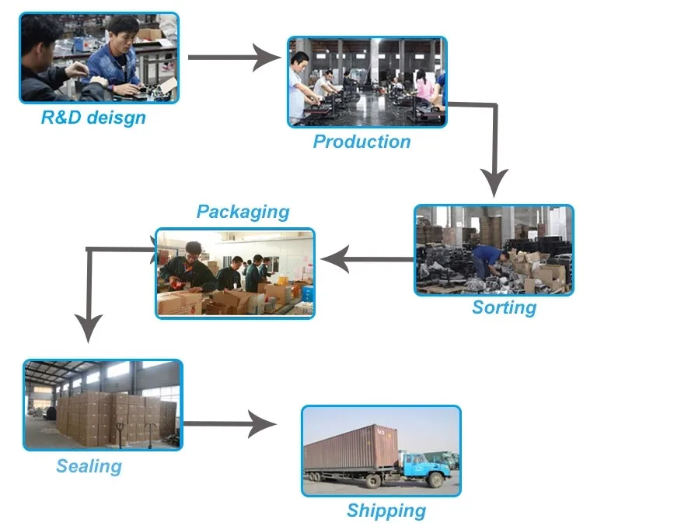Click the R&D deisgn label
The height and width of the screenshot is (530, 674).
click(x=93, y=118)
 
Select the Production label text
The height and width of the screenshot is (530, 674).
click(x=361, y=142)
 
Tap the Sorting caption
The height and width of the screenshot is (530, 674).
click(x=504, y=307)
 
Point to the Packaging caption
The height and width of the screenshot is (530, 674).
click(x=243, y=212)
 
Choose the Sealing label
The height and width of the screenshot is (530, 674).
click(x=89, y=467)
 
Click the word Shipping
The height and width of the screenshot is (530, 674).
click(x=386, y=511)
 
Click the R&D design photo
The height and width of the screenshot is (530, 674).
click(x=99, y=58)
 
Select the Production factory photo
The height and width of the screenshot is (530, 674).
click(x=367, y=81)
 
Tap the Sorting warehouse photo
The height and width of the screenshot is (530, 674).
click(x=494, y=249)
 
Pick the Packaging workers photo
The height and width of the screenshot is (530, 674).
click(x=235, y=272)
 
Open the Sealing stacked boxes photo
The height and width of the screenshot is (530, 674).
click(x=103, y=404)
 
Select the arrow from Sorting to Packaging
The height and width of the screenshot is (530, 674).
click(x=365, y=260)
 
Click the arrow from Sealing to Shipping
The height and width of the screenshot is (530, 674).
click(x=230, y=424)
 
